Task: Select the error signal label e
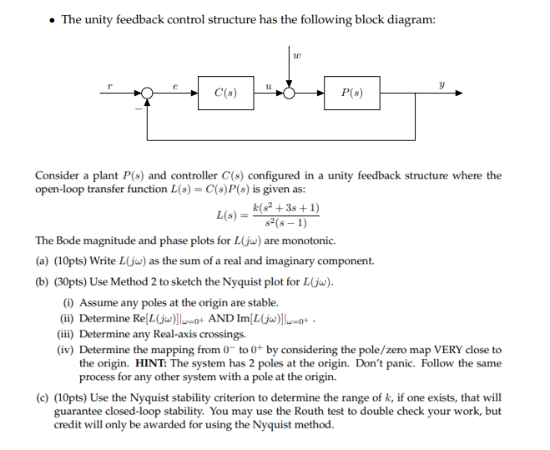coord(175,84)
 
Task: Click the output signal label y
coord(442,83)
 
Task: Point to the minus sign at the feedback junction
coord(138,108)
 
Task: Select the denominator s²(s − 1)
coord(285,223)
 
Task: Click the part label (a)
coord(42,261)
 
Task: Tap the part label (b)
coord(42,282)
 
